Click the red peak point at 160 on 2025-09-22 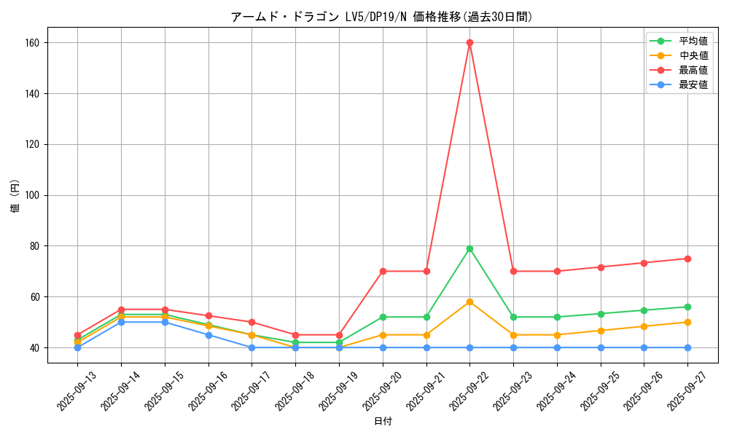tap(469, 42)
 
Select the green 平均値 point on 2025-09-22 tap(469, 248)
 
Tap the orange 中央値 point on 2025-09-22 tap(469, 302)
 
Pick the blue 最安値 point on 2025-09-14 tap(121, 322)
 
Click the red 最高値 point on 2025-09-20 tap(383, 271)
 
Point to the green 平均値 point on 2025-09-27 tap(687, 307)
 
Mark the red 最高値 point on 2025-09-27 tap(687, 259)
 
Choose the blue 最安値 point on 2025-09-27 tap(687, 347)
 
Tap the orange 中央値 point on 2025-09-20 tap(383, 335)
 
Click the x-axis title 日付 tap(383, 422)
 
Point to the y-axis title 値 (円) tap(15, 197)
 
